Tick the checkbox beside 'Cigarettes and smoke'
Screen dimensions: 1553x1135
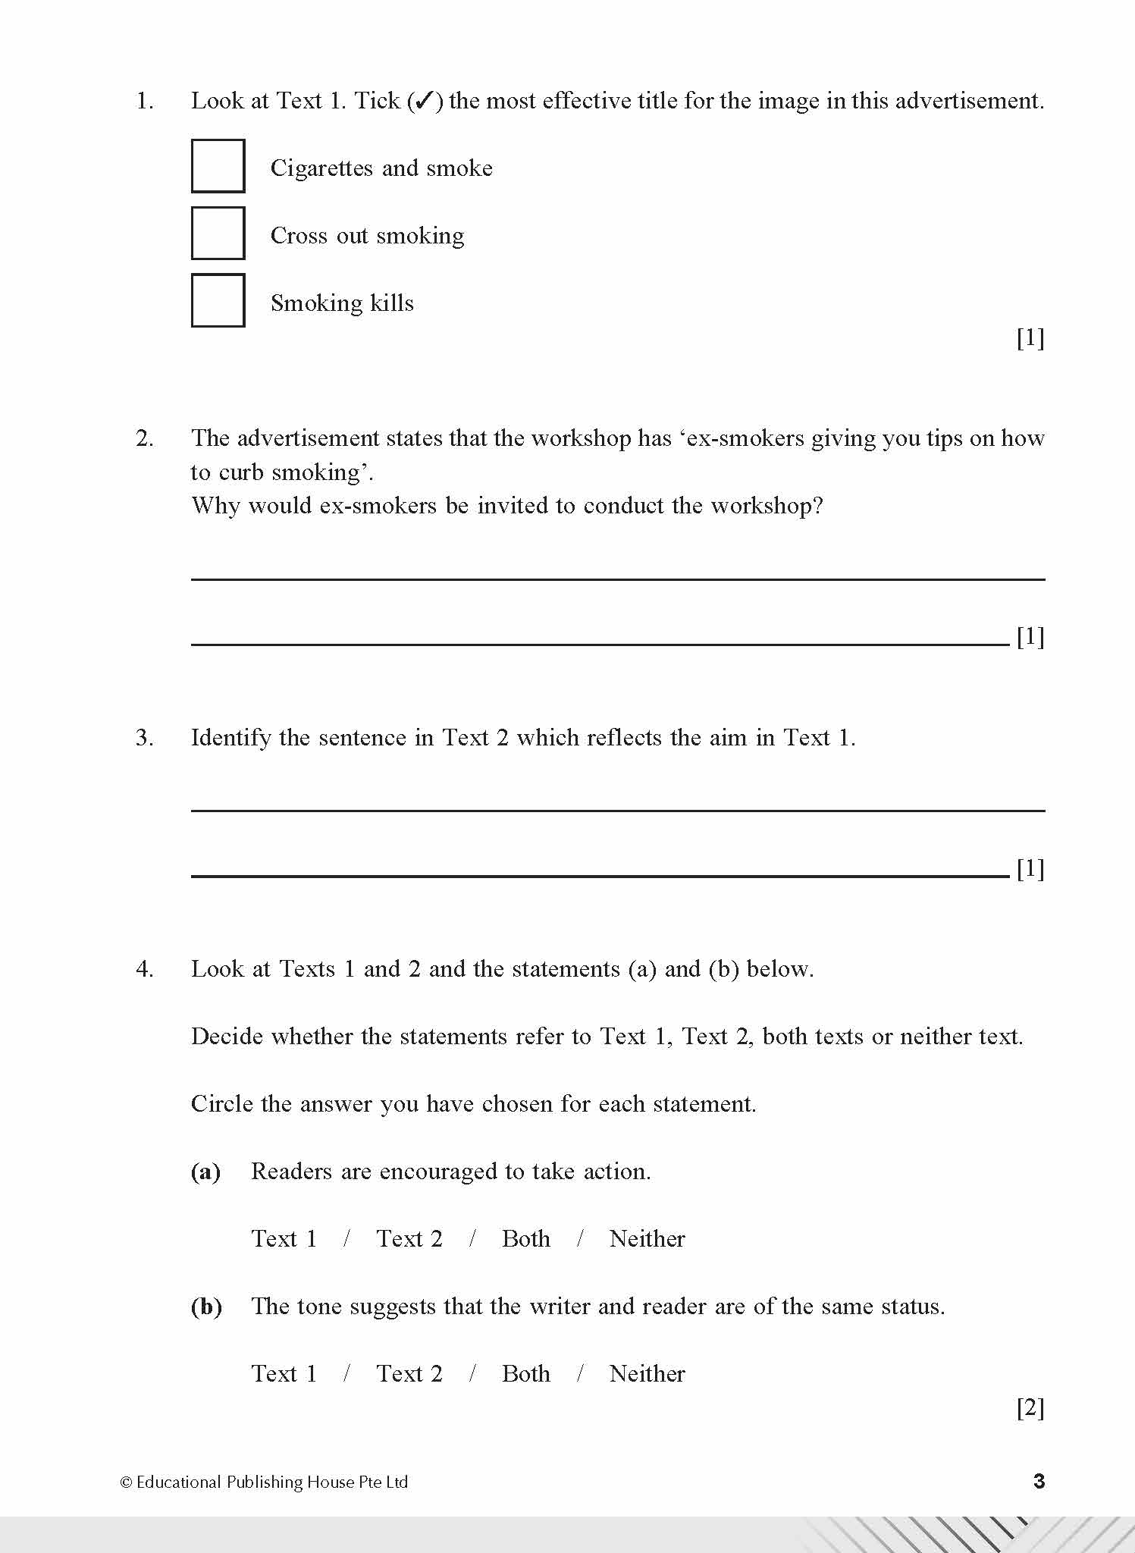218,166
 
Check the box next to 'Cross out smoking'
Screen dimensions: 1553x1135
218,234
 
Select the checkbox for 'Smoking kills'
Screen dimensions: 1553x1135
218,300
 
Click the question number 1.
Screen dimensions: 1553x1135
144,101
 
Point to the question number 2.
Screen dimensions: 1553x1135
144,438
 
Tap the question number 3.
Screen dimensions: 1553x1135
144,738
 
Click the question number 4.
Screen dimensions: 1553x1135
144,969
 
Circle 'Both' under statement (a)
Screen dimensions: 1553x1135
525,1239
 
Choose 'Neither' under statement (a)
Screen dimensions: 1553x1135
647,1239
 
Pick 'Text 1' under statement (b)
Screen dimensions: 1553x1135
284,1374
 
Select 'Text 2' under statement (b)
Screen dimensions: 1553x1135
409,1374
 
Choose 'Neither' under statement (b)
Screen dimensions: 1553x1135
647,1374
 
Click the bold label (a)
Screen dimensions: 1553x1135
205,1172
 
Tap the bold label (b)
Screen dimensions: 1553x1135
206,1307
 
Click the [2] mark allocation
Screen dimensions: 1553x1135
1030,1408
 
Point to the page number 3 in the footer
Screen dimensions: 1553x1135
1039,1481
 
